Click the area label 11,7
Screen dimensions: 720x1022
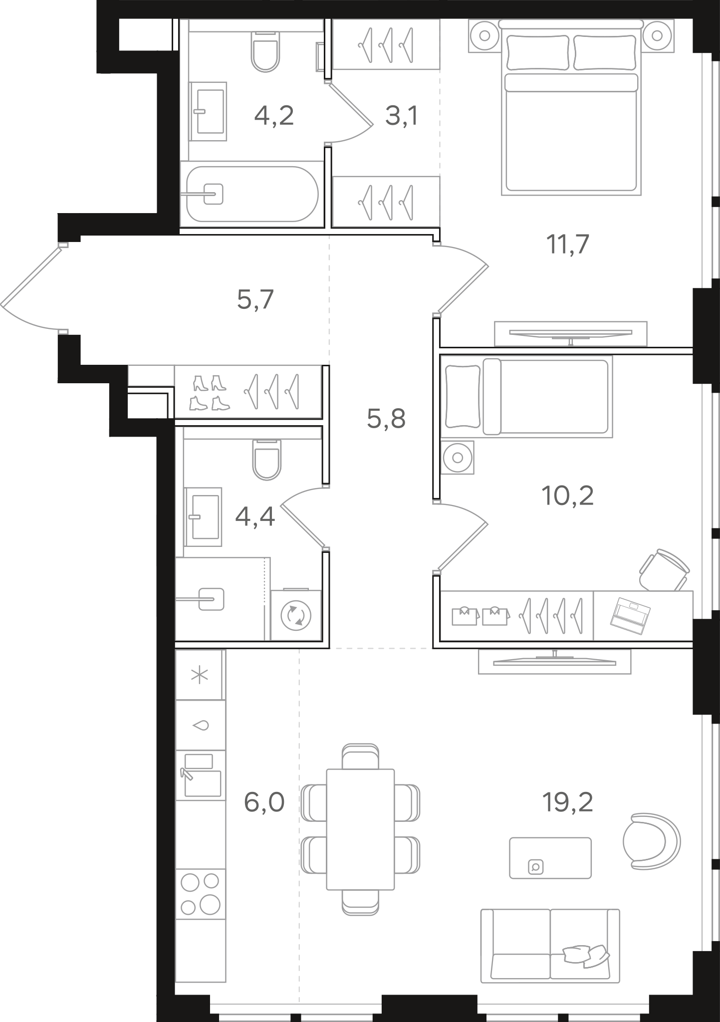(568, 245)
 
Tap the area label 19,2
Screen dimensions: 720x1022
(567, 803)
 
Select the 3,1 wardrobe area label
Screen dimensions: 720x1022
(402, 116)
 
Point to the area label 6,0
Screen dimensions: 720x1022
(264, 803)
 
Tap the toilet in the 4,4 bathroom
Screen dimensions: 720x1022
(267, 459)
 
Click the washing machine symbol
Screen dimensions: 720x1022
(296, 615)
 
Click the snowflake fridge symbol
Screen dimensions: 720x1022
(200, 676)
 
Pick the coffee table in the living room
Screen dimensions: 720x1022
(550, 858)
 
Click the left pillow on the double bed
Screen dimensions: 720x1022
(538, 52)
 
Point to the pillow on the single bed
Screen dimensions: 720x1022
(464, 397)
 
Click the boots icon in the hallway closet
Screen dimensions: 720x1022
(210, 393)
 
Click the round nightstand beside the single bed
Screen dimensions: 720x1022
(457, 457)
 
